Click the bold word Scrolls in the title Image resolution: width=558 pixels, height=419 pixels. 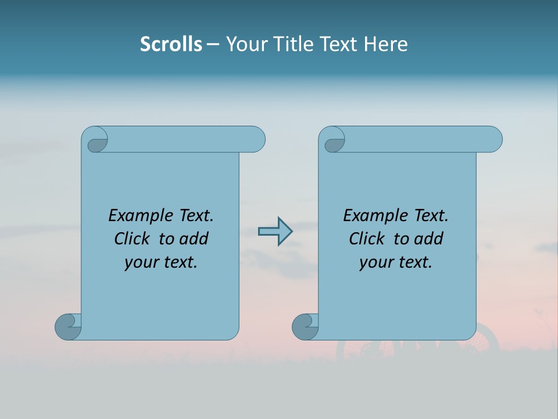171,44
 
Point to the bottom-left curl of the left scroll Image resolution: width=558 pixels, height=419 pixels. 67,326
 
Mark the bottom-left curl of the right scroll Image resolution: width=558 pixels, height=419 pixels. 305,326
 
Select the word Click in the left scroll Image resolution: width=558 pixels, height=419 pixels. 133,239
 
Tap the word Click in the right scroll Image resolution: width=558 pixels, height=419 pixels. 367,239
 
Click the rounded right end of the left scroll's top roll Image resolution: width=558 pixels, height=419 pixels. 256,139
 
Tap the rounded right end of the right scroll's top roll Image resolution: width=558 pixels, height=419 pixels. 493,139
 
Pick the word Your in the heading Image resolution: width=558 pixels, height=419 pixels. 245,44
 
